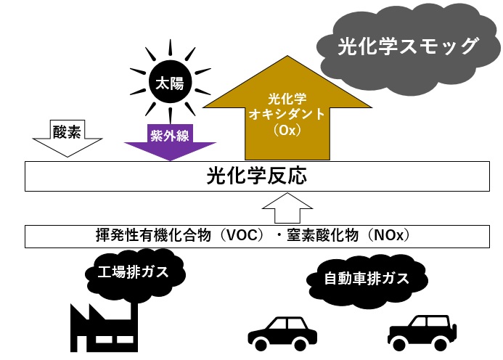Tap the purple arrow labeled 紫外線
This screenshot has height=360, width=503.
click(168, 142)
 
